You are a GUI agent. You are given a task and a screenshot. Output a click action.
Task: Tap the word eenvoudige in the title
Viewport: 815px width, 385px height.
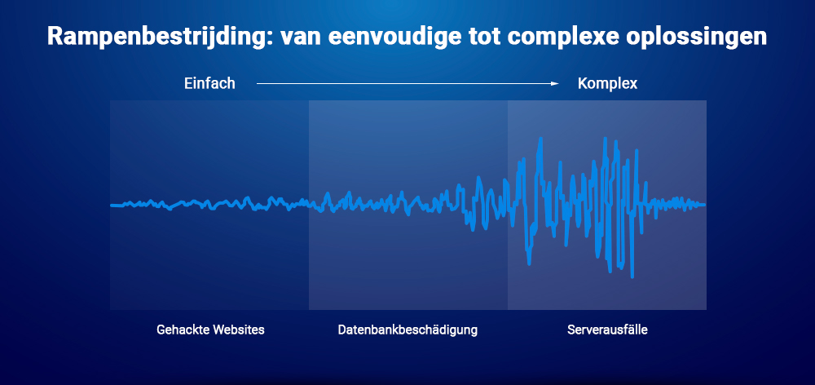click(x=372, y=38)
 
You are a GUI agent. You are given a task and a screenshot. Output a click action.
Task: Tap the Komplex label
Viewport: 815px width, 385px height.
click(x=607, y=83)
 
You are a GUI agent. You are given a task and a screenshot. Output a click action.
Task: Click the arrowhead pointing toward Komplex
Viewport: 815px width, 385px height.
click(x=556, y=83)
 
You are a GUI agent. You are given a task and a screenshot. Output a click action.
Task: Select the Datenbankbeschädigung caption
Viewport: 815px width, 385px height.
click(x=407, y=330)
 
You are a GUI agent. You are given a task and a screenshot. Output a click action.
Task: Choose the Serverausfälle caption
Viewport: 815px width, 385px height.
click(x=607, y=330)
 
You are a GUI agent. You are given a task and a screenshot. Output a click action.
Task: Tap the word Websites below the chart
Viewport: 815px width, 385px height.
click(x=240, y=330)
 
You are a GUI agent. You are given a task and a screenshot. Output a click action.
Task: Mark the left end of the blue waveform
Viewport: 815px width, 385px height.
click(x=112, y=206)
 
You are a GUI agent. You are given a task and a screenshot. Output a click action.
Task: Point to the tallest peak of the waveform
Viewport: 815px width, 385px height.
click(x=538, y=139)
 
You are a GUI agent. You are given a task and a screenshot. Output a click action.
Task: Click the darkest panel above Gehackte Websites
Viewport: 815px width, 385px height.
click(x=209, y=147)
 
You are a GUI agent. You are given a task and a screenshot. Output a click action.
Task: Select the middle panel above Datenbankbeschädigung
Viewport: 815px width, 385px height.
click(x=407, y=147)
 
